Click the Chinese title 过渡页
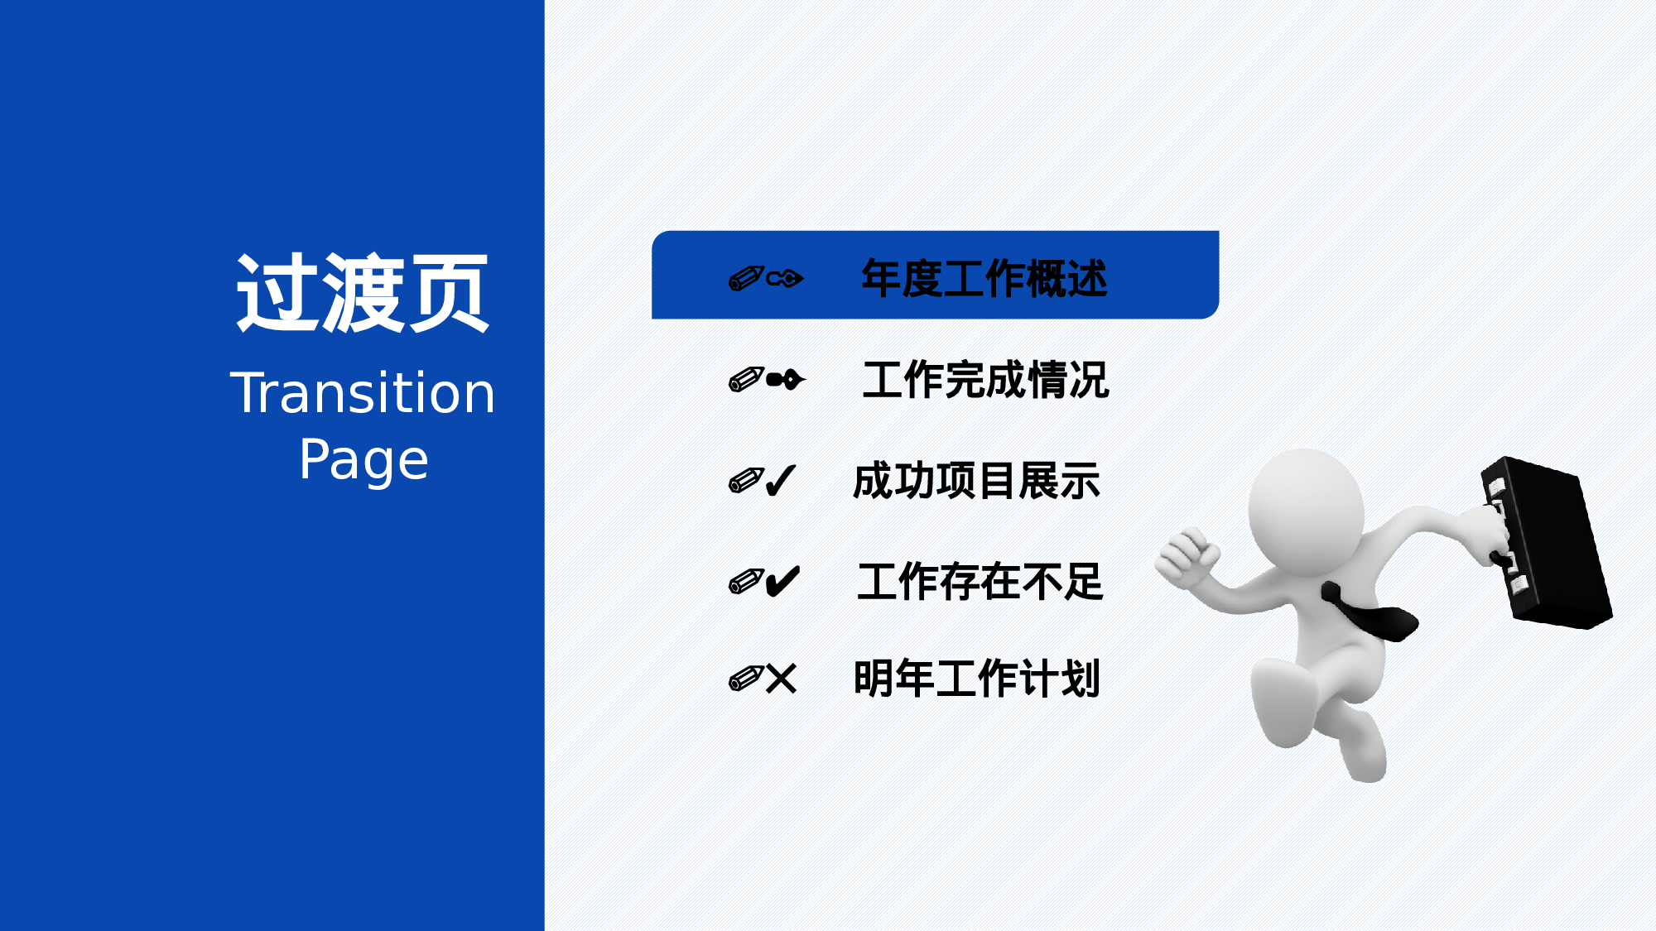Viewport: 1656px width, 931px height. (362, 294)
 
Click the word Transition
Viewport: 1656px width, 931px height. (362, 392)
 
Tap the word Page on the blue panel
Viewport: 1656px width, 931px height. (363, 459)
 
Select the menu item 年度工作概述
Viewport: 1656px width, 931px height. (984, 278)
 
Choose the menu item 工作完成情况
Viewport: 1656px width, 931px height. (985, 380)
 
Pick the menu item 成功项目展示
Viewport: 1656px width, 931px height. (976, 481)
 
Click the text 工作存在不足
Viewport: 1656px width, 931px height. (980, 581)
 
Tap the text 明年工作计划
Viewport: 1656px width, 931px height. (976, 679)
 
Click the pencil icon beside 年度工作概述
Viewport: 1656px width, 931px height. (745, 278)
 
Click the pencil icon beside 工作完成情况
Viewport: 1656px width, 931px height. (745, 380)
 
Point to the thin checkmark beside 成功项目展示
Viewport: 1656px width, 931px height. (781, 480)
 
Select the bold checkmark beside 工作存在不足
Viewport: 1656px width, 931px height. (782, 581)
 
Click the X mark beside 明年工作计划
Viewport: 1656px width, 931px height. (781, 679)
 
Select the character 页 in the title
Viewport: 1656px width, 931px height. (448, 294)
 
